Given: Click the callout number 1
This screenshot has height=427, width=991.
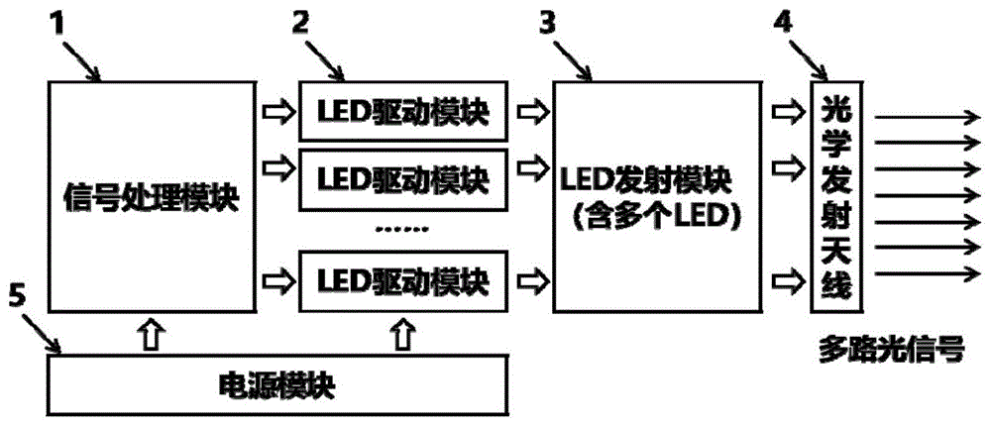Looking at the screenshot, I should coord(61,22).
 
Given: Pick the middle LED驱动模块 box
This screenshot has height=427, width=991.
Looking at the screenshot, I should coord(402,180).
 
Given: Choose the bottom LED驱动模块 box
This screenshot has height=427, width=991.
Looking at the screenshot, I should coord(402,280).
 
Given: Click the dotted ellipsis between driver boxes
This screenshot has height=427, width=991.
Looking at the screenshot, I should coord(402,229).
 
